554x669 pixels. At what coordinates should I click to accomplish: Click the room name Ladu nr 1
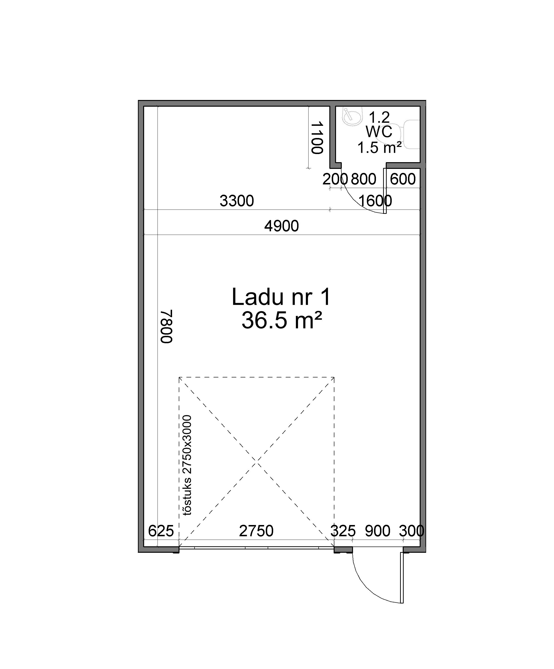coord(282,297)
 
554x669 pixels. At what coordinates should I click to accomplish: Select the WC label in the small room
coord(379,132)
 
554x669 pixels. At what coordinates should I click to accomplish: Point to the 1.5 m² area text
coord(379,148)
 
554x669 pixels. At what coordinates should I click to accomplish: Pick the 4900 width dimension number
coord(282,226)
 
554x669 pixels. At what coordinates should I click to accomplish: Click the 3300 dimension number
coord(237,201)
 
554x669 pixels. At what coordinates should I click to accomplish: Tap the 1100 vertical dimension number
coord(317,137)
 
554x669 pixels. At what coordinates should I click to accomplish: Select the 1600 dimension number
coord(375,201)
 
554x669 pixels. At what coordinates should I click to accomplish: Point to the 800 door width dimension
coord(364,179)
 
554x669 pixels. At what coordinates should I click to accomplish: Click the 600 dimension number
coord(403,179)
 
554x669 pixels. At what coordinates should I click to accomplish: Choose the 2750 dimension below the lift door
coord(256,531)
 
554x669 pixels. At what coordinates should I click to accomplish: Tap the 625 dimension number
coord(161,531)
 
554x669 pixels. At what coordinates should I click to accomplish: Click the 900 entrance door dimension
coord(378,531)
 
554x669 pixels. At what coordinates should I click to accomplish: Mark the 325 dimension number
coord(343,531)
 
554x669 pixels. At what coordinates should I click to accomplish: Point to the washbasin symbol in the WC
coord(352,116)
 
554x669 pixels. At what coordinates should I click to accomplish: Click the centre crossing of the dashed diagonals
coord(257,462)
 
